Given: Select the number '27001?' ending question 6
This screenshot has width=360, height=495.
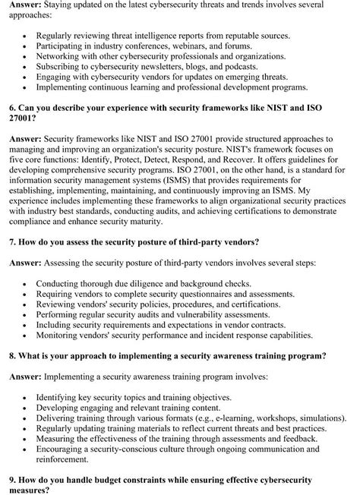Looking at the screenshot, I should (25, 118).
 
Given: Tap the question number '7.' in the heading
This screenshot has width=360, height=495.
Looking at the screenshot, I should (13, 242).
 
